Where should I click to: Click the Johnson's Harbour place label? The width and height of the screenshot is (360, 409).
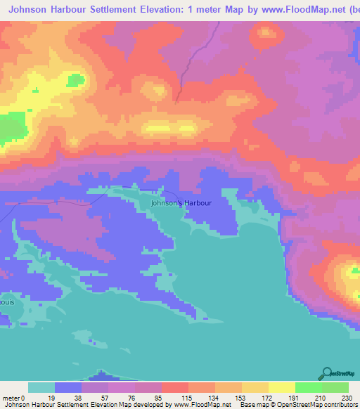[x=181, y=202]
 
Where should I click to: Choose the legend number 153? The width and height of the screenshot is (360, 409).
[x=242, y=397]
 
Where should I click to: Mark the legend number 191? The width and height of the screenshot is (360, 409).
[x=295, y=397]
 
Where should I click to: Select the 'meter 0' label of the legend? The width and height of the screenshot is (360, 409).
[x=13, y=397]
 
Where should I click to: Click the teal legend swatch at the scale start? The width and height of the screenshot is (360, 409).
[x=41, y=387]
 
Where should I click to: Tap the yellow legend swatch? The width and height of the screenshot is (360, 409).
[x=281, y=387]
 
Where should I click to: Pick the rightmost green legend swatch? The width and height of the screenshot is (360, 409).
[x=335, y=387]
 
